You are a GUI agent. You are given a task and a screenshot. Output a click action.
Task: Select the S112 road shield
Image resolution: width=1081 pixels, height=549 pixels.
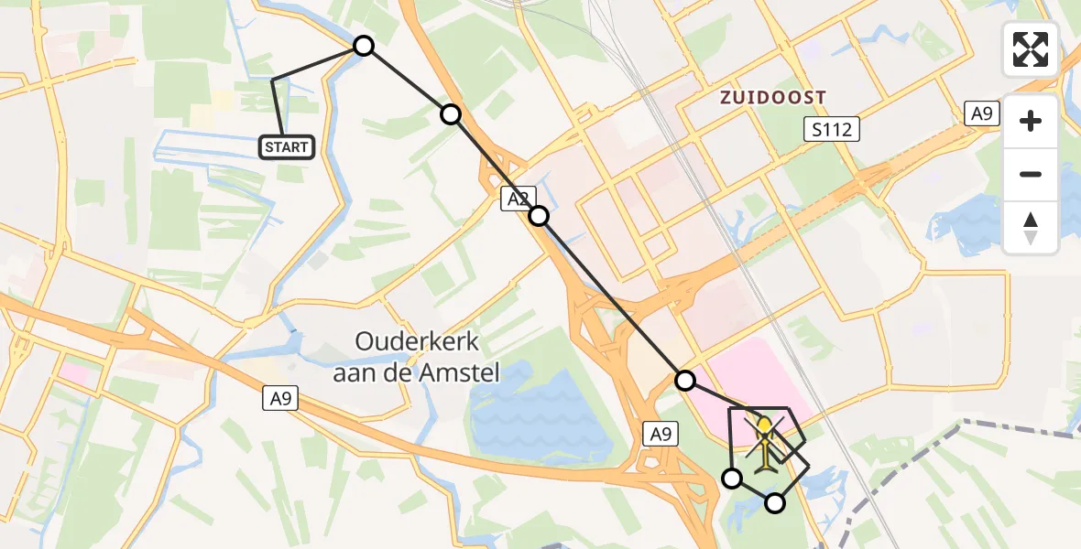831,129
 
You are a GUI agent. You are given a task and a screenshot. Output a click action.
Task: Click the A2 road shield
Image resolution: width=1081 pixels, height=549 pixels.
514,199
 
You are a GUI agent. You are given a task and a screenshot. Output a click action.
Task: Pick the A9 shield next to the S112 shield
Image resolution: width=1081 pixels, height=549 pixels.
982,114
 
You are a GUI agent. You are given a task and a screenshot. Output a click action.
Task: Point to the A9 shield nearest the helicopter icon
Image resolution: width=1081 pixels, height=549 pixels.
661,435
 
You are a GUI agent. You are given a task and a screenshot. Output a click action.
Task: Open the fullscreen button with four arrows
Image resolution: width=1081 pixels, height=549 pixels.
1031,49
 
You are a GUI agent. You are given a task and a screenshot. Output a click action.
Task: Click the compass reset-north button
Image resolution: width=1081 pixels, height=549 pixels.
1031,228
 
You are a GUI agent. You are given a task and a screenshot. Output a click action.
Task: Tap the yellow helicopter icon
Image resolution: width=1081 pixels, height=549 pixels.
765,442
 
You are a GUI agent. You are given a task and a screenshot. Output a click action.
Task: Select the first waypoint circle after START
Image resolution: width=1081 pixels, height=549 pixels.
364,46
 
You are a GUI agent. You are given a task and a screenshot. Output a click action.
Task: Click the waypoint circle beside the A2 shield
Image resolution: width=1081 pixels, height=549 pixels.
539,216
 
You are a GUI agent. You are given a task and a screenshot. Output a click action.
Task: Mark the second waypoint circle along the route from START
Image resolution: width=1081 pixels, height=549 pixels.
451,114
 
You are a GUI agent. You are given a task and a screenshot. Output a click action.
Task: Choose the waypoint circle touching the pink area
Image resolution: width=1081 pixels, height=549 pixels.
685,380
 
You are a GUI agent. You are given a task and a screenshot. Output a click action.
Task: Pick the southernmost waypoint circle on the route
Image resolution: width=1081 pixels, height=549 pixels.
775,502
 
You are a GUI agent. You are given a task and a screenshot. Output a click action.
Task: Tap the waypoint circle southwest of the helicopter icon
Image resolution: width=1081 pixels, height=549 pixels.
732,478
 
